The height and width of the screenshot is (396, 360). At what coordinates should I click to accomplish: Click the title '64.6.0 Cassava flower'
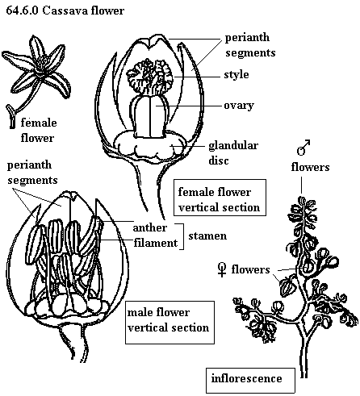[x=65, y=10]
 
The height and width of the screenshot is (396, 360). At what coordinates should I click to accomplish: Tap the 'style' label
[x=237, y=75]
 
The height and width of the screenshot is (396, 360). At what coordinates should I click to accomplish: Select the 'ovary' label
[x=239, y=106]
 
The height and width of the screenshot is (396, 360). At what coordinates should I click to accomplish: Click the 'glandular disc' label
[x=233, y=153]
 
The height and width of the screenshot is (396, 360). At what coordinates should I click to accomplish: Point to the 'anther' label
[x=150, y=227]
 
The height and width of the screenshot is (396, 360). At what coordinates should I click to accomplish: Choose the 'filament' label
[x=156, y=243]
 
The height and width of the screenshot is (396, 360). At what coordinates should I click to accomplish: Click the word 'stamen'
[x=207, y=236]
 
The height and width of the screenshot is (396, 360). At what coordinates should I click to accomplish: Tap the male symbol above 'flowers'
[x=303, y=148]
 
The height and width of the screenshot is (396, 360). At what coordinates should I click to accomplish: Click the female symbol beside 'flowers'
[x=222, y=269]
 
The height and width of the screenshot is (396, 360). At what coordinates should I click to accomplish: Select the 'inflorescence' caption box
[x=250, y=381]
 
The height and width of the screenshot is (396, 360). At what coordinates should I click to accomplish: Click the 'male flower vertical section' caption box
[x=170, y=323]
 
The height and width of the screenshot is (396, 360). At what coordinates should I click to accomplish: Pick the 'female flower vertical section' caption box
[x=220, y=198]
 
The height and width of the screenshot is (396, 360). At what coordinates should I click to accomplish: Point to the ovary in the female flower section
[x=150, y=116]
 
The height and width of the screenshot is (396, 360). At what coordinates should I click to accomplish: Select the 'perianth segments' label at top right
[x=250, y=45]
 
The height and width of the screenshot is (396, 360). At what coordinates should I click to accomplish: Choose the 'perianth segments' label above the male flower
[x=32, y=173]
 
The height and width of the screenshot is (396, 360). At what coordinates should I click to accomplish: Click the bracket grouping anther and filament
[x=183, y=236]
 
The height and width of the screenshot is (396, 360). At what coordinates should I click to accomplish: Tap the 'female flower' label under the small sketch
[x=39, y=131]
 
